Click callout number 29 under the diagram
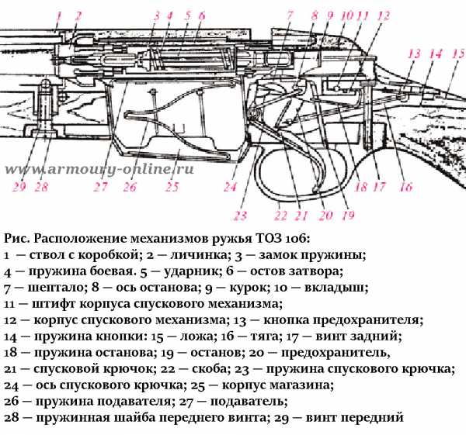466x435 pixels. click(19, 186)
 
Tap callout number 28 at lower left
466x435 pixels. click(41, 186)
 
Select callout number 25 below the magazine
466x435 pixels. click(172, 186)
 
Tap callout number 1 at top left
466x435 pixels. click(56, 13)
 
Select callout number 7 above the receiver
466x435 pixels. click(289, 13)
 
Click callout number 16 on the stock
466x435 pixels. click(405, 186)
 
